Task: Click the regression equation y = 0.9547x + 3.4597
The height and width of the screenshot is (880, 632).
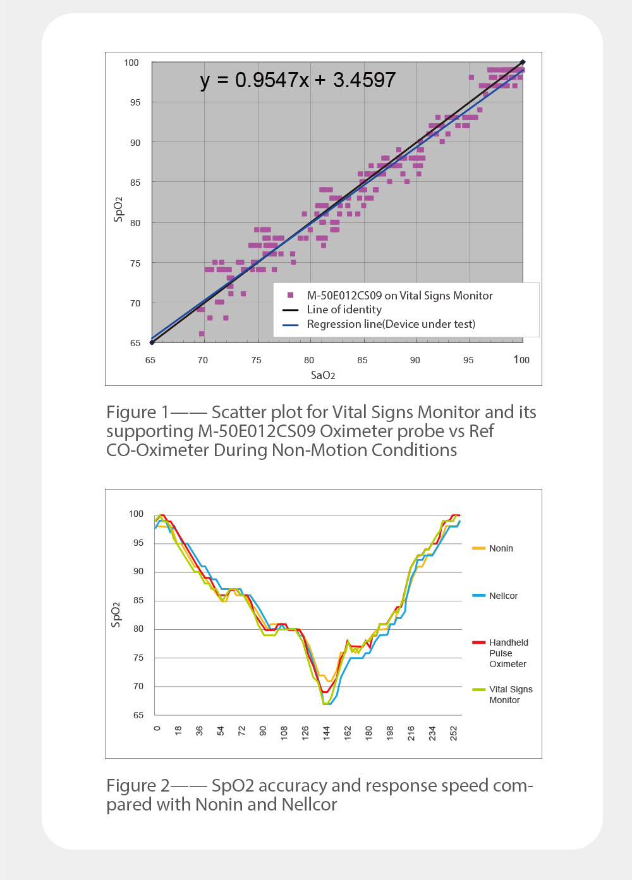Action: tap(298, 80)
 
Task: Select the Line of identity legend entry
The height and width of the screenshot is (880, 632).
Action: tap(344, 310)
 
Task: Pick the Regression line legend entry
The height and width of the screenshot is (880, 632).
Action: tap(391, 324)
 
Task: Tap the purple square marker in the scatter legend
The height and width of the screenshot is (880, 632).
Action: tap(291, 295)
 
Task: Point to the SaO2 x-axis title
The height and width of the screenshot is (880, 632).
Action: tap(323, 375)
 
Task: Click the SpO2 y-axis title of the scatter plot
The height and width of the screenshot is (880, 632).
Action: tap(118, 209)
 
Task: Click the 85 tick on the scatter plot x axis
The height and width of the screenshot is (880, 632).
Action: tap(362, 360)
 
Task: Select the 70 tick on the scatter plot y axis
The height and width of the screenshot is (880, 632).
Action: tap(135, 303)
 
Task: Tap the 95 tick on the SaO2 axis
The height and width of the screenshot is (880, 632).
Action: tap(468, 360)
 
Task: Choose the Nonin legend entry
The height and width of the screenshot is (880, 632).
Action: tap(501, 548)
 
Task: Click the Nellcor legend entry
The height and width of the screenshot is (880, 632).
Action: tap(503, 596)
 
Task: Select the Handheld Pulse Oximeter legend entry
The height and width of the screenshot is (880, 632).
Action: tap(508, 653)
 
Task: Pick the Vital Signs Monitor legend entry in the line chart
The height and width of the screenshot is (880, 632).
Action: tap(510, 694)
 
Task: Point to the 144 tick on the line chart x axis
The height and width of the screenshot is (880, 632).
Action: tap(327, 733)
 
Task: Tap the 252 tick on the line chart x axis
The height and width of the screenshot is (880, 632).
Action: tap(454, 733)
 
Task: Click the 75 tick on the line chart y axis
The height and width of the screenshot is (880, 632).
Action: tap(138, 658)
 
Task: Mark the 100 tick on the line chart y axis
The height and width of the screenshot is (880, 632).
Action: tap(136, 514)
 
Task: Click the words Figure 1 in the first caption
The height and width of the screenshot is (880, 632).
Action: tap(138, 412)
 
